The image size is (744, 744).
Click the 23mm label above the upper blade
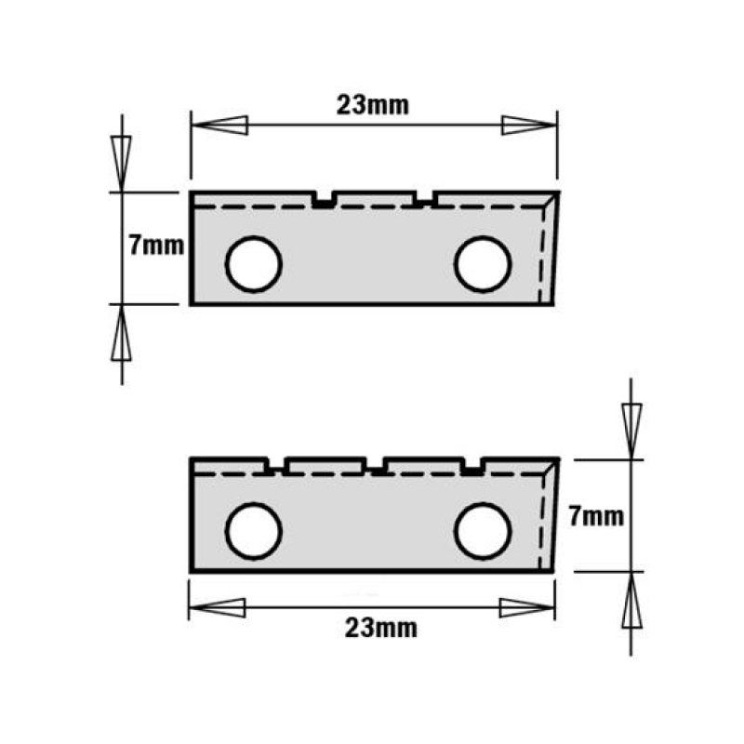click(x=373, y=105)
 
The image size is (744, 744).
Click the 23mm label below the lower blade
click(x=381, y=629)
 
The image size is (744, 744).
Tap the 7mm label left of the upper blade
click(x=156, y=246)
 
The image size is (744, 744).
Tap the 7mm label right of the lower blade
click(x=596, y=516)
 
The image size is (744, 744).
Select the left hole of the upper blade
click(x=253, y=264)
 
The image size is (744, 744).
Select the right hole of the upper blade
click(x=483, y=264)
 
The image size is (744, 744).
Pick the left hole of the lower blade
click(x=253, y=531)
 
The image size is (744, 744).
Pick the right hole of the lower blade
click(x=483, y=531)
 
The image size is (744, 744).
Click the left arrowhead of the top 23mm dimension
click(x=219, y=126)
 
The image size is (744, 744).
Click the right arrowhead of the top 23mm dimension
click(x=529, y=126)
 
